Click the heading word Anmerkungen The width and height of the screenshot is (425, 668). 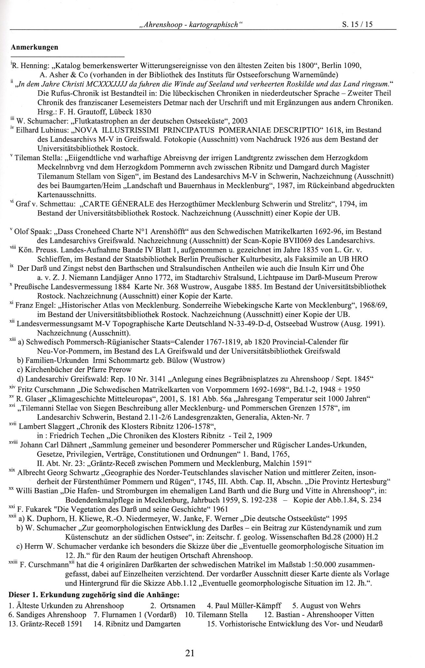coord(35,47)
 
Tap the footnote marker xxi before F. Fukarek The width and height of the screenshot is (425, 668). coord(13,508)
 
